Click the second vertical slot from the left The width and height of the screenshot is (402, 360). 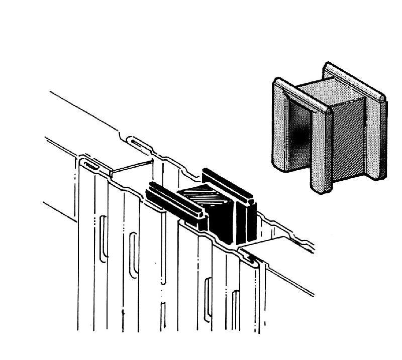pyautogui.click(x=133, y=253)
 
